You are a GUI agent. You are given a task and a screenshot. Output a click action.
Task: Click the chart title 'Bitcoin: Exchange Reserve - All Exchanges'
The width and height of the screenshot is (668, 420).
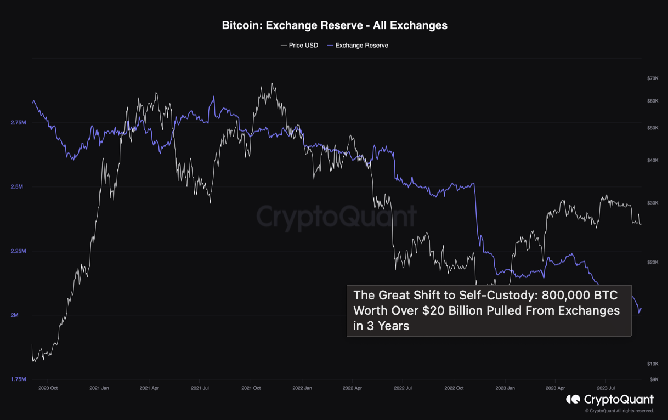(334, 25)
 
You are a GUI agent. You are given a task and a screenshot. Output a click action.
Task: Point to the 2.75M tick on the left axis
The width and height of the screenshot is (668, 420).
(18, 123)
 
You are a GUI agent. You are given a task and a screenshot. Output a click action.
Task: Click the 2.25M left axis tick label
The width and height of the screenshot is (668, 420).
(18, 251)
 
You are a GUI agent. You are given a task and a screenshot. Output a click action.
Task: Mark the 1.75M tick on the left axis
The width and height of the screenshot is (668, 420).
(18, 379)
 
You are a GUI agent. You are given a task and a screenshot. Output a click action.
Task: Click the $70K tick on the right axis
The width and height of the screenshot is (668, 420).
(653, 78)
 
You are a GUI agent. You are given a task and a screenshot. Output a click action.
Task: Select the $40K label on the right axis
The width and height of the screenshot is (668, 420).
(653, 160)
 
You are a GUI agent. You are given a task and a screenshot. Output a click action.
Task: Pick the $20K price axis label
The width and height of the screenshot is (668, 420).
(653, 262)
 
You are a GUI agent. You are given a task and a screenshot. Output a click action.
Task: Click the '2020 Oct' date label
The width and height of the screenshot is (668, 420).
(48, 388)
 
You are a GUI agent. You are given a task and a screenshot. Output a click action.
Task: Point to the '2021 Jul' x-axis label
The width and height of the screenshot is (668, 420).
(200, 388)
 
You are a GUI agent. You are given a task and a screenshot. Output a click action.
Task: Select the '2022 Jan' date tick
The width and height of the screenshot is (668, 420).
(302, 388)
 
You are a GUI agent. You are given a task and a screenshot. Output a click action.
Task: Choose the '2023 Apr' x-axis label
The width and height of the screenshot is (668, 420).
(555, 388)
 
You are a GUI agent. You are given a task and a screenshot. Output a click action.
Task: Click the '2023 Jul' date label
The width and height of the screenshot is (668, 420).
(605, 388)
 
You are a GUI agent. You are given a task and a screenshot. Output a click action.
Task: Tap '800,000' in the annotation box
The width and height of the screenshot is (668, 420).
(567, 296)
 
